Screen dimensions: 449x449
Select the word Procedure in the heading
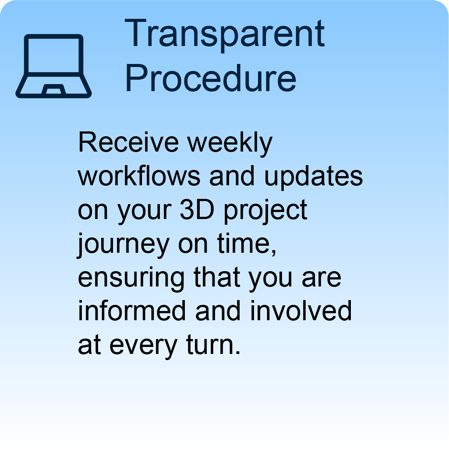point(210,78)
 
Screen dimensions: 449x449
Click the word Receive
point(128,142)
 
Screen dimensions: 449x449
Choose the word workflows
point(139,176)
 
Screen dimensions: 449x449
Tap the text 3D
point(197,210)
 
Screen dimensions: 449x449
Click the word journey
point(124,245)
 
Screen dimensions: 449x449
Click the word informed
point(132,311)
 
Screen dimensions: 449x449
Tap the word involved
point(301,311)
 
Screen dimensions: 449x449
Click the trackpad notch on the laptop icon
point(53,89)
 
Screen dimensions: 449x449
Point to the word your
point(145,212)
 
